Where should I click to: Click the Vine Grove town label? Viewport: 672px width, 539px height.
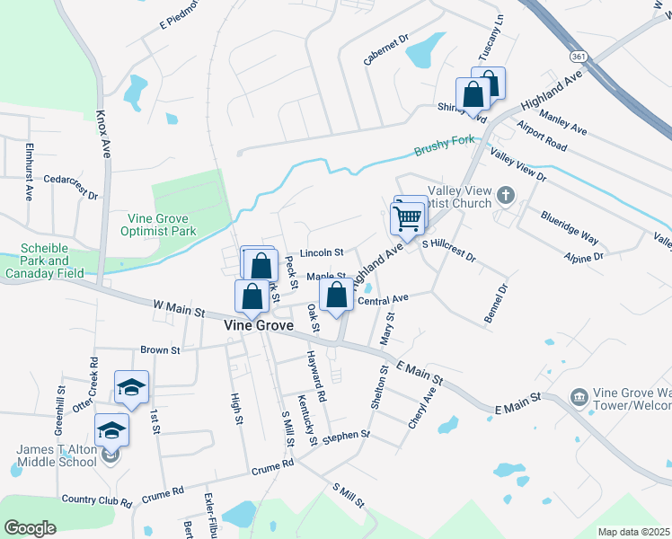[258, 325]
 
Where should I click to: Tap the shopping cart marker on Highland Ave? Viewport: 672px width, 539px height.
[407, 217]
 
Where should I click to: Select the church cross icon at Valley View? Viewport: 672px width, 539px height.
[506, 194]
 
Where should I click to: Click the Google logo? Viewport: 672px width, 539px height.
[29, 527]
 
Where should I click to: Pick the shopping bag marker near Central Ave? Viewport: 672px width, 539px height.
[336, 295]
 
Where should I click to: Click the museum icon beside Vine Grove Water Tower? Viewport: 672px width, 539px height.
[579, 396]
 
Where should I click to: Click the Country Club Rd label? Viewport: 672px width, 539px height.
[96, 499]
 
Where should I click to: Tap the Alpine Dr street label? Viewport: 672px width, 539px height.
[585, 256]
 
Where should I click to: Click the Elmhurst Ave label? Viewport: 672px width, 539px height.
[29, 171]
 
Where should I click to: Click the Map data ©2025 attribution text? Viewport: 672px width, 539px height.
[632, 532]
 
